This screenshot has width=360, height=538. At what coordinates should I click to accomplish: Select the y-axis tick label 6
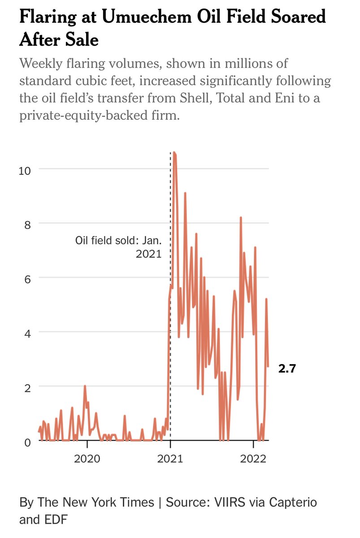[x=27, y=278]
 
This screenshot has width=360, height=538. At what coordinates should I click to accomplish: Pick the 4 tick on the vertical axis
[x=27, y=332]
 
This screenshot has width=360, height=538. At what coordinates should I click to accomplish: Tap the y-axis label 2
[x=27, y=386]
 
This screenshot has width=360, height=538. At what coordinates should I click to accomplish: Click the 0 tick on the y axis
[x=27, y=441]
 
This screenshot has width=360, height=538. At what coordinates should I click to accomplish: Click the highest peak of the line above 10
[x=174, y=153]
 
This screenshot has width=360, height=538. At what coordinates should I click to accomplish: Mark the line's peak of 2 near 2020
[x=85, y=386]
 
